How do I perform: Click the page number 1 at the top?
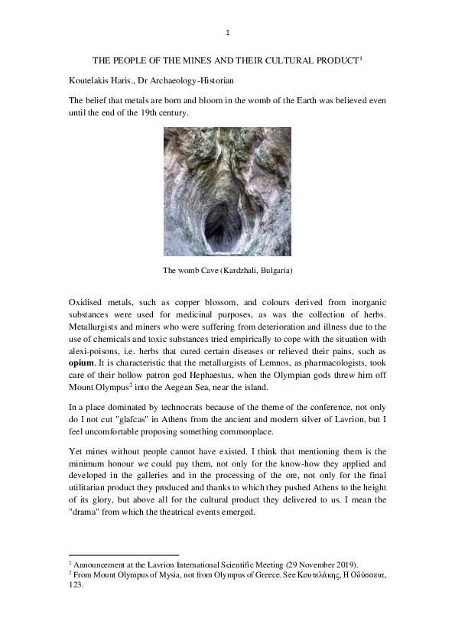227,32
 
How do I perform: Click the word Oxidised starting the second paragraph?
88,304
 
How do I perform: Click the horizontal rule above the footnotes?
123,555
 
